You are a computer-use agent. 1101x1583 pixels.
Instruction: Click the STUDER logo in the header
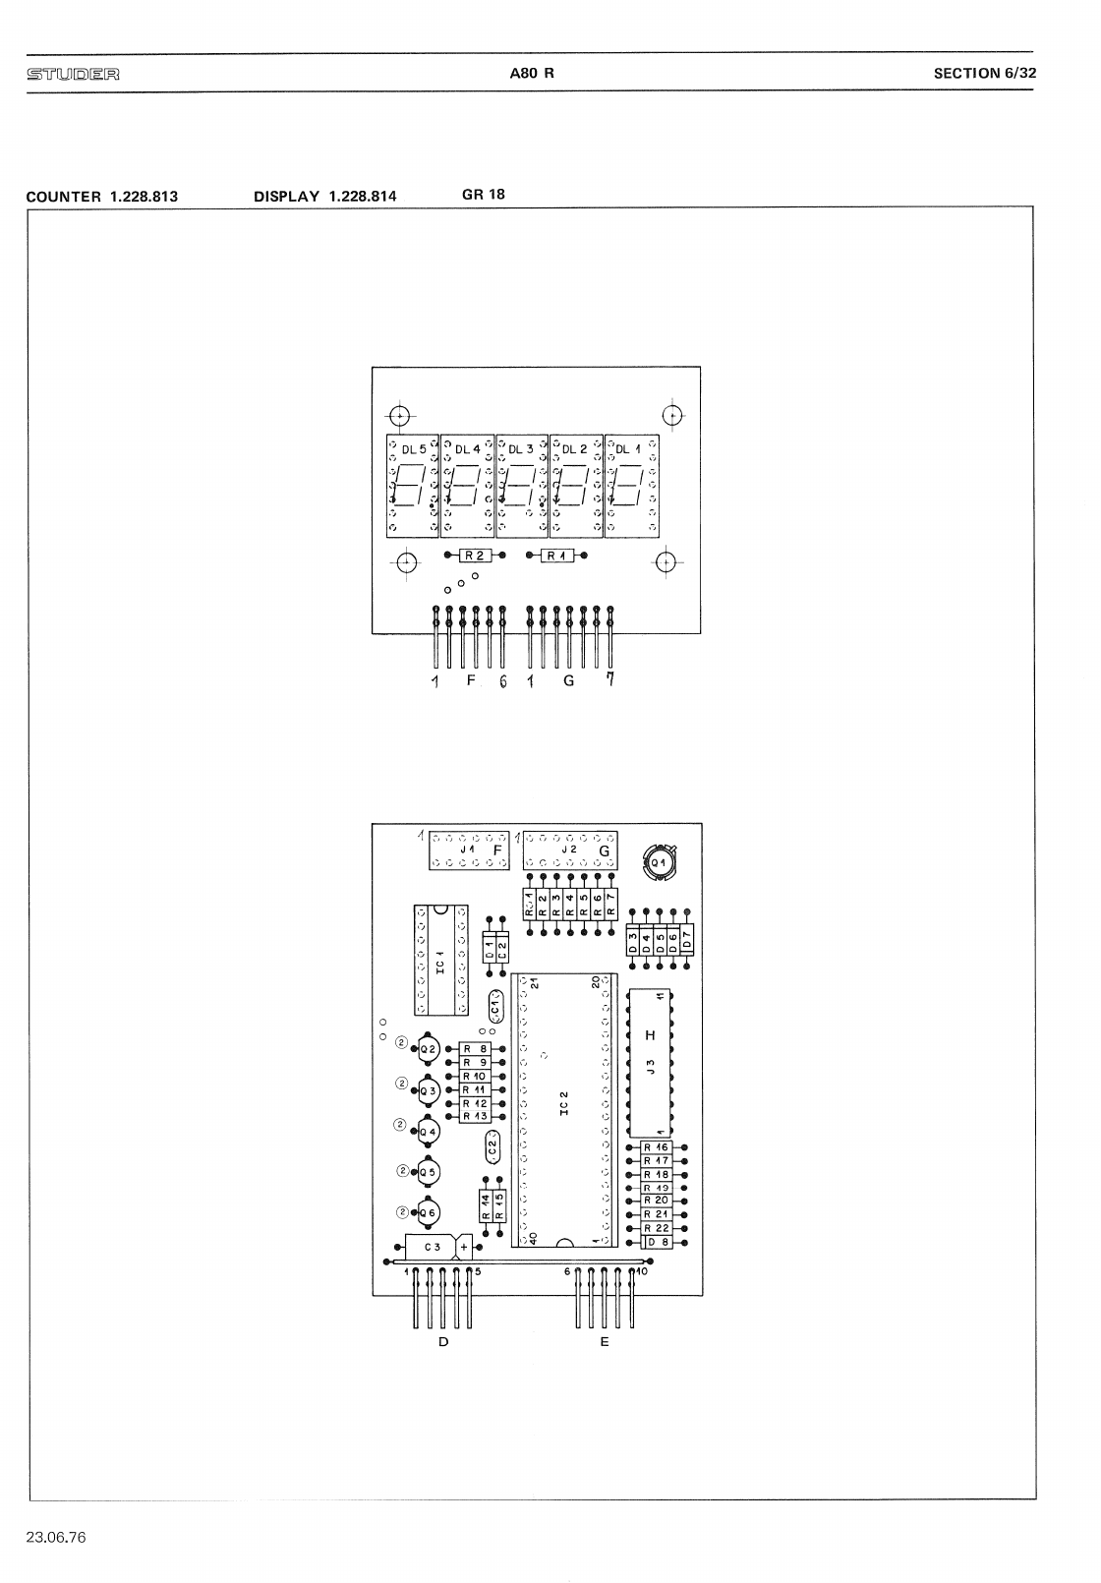pyautogui.click(x=75, y=74)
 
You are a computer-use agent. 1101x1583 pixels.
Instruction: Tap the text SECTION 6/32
pyautogui.click(x=984, y=73)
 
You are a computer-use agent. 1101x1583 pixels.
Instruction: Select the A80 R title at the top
pyautogui.click(x=532, y=73)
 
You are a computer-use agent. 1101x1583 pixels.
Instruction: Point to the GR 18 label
pyautogui.click(x=483, y=194)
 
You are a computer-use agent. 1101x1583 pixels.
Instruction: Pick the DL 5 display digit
pyautogui.click(x=413, y=486)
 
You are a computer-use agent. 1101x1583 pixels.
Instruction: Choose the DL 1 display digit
pyautogui.click(x=631, y=486)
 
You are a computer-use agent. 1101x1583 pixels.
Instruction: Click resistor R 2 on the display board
pyautogui.click(x=474, y=556)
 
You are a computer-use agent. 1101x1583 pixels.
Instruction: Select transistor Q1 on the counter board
pyautogui.click(x=658, y=862)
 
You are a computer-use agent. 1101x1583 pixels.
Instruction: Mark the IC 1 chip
pyautogui.click(x=440, y=960)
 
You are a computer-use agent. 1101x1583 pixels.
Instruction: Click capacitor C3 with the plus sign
pyautogui.click(x=433, y=1248)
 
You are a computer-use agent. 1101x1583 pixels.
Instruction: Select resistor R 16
pyautogui.click(x=657, y=1147)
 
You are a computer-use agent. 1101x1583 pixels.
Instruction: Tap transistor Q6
pyautogui.click(x=428, y=1214)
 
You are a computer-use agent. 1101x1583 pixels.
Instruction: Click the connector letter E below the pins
pyautogui.click(x=605, y=1341)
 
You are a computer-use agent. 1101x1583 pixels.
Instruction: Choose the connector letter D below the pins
pyautogui.click(x=443, y=1341)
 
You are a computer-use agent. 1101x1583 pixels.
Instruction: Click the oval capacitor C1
pyautogui.click(x=496, y=1007)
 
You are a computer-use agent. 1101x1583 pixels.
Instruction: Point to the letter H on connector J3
pyautogui.click(x=649, y=1035)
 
